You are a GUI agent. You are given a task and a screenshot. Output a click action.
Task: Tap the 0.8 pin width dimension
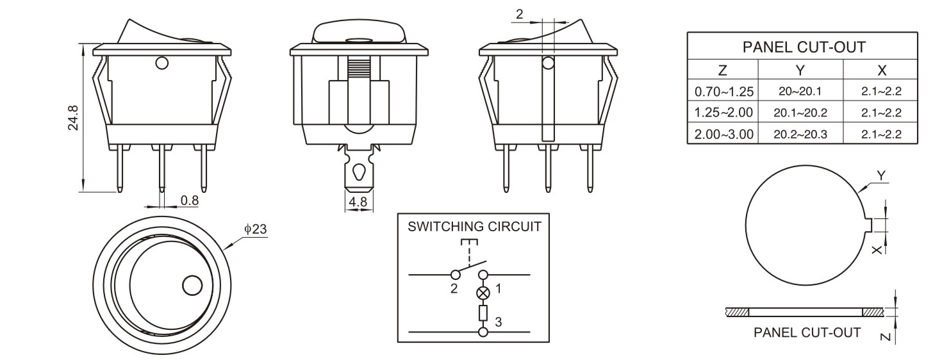(189, 200)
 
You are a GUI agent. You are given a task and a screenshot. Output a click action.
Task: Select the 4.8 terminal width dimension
(357, 203)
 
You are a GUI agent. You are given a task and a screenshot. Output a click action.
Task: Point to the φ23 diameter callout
(255, 229)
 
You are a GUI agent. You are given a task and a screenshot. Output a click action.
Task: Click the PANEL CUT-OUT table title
(804, 47)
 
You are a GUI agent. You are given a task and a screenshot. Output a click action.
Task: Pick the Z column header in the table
(722, 69)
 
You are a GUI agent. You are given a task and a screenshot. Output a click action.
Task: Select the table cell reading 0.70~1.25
(723, 92)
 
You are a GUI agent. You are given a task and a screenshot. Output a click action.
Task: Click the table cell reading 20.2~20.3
(800, 134)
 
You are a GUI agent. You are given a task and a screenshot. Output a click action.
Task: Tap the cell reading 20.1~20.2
(800, 113)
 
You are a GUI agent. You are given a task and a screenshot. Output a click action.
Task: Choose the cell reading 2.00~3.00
(723, 134)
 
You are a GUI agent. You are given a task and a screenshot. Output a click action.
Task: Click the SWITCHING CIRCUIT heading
(474, 226)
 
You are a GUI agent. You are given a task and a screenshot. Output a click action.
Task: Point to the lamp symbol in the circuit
(484, 293)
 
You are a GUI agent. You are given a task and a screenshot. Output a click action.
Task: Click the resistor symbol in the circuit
(484, 313)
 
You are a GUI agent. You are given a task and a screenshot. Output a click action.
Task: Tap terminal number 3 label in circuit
(499, 322)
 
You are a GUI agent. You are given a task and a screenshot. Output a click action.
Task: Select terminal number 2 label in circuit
(454, 288)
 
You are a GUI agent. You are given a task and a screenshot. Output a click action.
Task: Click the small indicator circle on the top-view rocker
(192, 285)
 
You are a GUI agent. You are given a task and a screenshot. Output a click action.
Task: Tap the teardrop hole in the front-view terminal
(359, 173)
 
